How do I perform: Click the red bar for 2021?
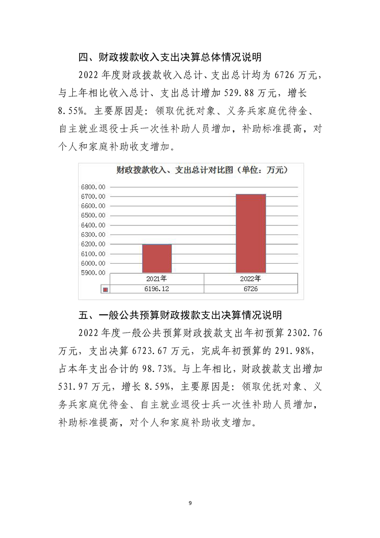[x=157, y=258]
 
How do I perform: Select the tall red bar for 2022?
[x=251, y=233]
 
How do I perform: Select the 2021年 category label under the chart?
[x=157, y=279]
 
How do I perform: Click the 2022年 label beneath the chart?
[x=251, y=279]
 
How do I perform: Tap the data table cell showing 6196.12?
[x=157, y=289]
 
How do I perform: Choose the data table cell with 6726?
[x=251, y=289]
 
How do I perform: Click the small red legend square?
[x=105, y=289]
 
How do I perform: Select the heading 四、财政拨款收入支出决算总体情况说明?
[x=170, y=58]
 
